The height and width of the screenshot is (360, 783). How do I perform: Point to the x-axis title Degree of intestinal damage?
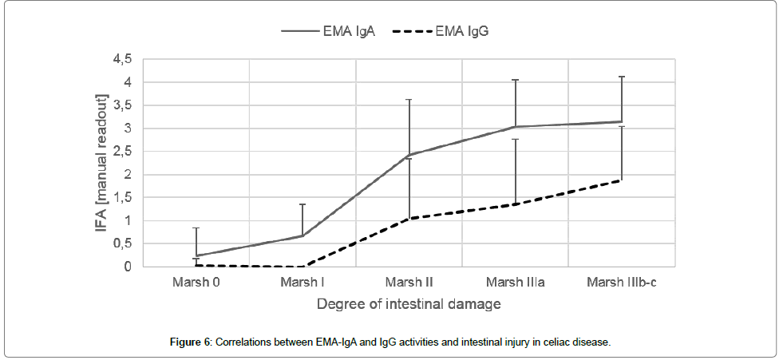[409, 304]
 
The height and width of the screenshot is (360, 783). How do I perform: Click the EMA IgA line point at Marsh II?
[409, 155]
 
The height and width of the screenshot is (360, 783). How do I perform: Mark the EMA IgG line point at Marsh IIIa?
[515, 204]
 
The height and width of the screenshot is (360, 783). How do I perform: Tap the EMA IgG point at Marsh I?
[303, 267]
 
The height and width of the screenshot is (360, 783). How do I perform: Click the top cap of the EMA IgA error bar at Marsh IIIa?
[515, 80]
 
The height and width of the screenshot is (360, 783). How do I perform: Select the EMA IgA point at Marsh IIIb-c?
[621, 121]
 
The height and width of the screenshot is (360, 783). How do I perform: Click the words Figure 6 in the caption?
[190, 342]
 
